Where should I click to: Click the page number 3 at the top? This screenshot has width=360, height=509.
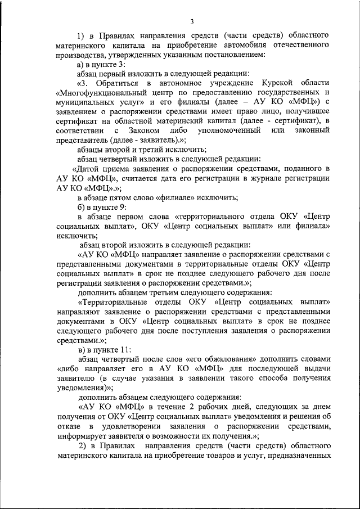tap(192, 21)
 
